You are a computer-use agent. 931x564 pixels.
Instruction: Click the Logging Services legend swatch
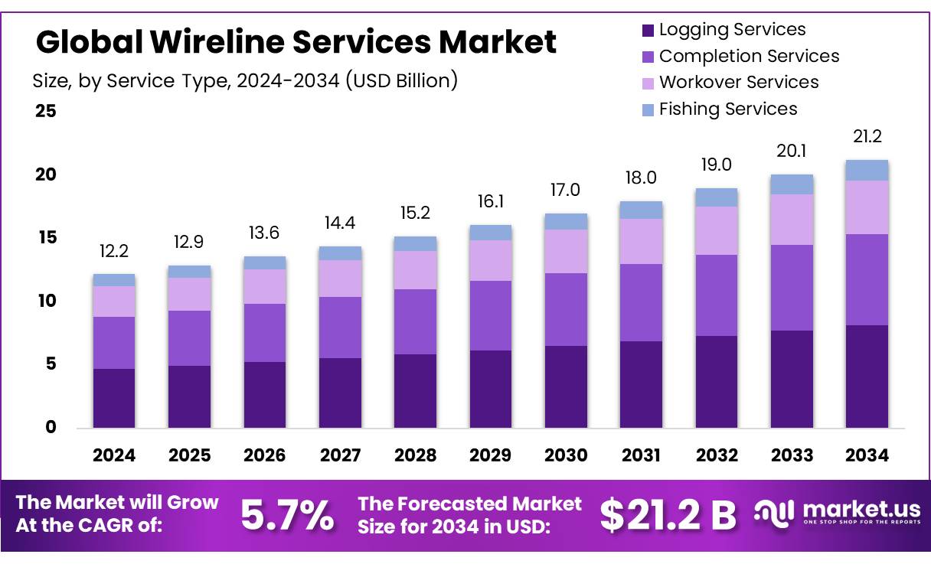(x=648, y=31)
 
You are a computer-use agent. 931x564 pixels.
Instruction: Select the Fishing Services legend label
(x=728, y=109)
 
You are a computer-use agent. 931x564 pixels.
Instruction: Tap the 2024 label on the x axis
(x=114, y=455)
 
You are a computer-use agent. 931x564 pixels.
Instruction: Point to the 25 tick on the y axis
(x=46, y=111)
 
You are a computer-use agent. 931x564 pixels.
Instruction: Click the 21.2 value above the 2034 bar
(x=867, y=137)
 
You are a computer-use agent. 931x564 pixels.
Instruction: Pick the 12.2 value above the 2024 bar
(x=114, y=251)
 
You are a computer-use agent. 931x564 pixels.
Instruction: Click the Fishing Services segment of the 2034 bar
(x=867, y=170)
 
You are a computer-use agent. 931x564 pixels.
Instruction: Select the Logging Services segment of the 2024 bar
(x=114, y=398)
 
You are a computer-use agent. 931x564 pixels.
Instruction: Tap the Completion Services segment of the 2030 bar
(x=566, y=309)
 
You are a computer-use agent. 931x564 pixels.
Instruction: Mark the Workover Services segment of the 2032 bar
(x=717, y=230)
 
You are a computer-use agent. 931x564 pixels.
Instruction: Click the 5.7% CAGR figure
(x=287, y=515)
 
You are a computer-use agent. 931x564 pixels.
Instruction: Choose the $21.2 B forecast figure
(x=668, y=515)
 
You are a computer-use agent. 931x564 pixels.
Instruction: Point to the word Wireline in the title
(x=220, y=42)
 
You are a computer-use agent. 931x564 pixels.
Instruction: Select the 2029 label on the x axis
(x=491, y=455)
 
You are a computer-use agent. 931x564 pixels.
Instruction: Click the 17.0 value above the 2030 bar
(x=566, y=189)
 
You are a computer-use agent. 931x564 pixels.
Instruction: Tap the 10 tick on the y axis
(x=46, y=301)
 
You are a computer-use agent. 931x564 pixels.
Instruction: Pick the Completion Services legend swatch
(x=648, y=57)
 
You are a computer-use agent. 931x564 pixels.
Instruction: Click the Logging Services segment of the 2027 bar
(x=340, y=393)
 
